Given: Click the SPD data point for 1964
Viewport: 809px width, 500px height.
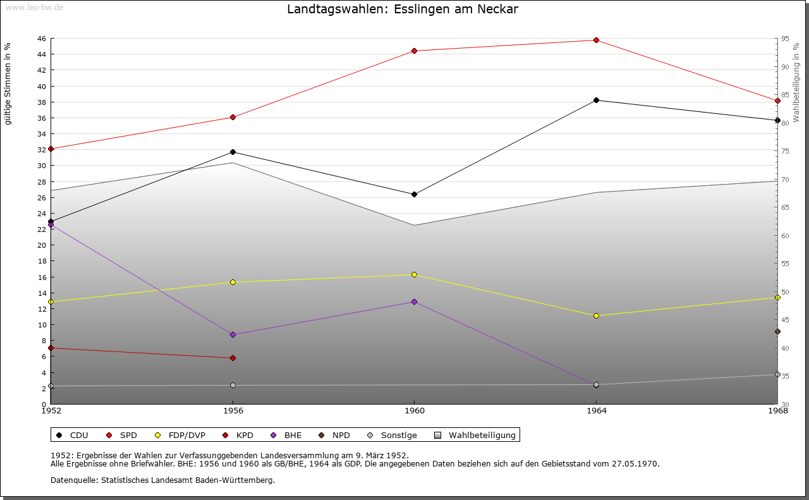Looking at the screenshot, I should coord(596,40).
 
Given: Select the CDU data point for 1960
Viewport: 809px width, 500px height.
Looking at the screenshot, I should coord(414,194).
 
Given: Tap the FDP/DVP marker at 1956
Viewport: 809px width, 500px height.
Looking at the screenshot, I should coord(233,282).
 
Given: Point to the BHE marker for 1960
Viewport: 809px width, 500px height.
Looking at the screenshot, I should coord(414,302).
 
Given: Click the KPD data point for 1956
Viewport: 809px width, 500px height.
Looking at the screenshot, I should coord(233,358).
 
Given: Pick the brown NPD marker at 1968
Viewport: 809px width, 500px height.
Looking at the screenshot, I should coord(777,331).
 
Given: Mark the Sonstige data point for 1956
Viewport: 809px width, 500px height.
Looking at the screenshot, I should coord(233,385).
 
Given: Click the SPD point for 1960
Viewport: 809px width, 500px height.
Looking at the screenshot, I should coord(414,51).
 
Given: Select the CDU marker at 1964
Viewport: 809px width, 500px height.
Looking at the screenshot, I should coord(596,100).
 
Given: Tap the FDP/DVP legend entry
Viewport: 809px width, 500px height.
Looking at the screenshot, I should coord(181,435).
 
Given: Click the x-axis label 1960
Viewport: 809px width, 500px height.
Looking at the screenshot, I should coord(414,411).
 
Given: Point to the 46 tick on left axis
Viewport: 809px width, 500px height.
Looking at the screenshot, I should coord(41,39).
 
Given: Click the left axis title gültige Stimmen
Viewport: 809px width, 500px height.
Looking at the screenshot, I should coord(8,83).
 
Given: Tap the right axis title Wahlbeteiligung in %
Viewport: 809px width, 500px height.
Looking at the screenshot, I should coord(796,82).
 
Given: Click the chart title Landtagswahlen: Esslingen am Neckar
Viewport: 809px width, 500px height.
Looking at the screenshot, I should coord(403,9).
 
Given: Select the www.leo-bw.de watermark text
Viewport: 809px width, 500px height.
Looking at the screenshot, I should coord(34,7).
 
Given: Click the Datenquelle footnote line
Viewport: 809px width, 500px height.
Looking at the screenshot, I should coord(162,480).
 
